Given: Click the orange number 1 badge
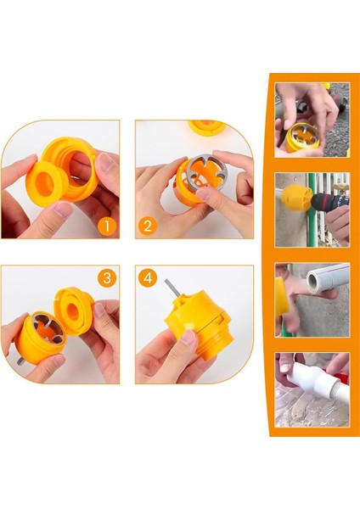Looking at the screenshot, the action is (x=107, y=226).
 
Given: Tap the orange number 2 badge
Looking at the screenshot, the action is (x=148, y=226).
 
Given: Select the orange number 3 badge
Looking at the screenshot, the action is (x=107, y=278).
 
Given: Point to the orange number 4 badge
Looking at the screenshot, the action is (x=148, y=278).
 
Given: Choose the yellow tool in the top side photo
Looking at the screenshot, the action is (x=304, y=137).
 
